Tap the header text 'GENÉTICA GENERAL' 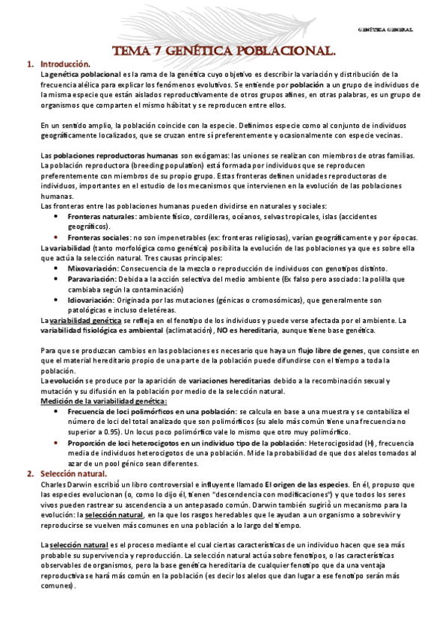tap(387, 30)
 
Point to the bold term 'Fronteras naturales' tap(102, 216)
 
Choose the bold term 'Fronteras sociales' tap(99, 237)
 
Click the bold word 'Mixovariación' tap(93, 268)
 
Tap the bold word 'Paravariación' tap(92, 278)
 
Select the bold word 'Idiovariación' tap(92, 299)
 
